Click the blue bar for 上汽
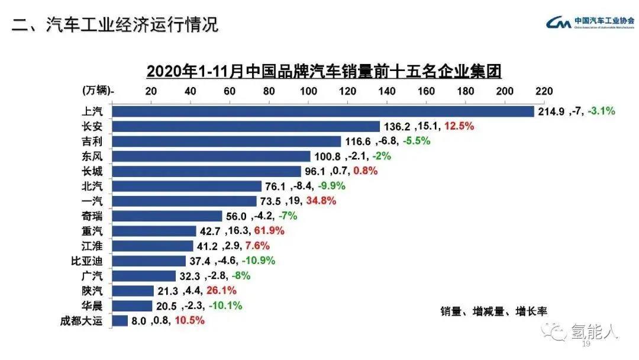coord(322,111)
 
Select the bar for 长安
coord(246,126)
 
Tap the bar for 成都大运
coord(120,321)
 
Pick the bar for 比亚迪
coord(149,261)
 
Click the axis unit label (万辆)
coord(97,91)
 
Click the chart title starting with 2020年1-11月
coord(324,72)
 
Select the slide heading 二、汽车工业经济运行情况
coord(115,24)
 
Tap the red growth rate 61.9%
coord(269,231)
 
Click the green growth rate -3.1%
coord(601,111)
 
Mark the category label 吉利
coord(93,141)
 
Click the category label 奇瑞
coord(93,216)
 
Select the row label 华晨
coord(93,306)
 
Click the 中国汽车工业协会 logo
coord(589,22)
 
